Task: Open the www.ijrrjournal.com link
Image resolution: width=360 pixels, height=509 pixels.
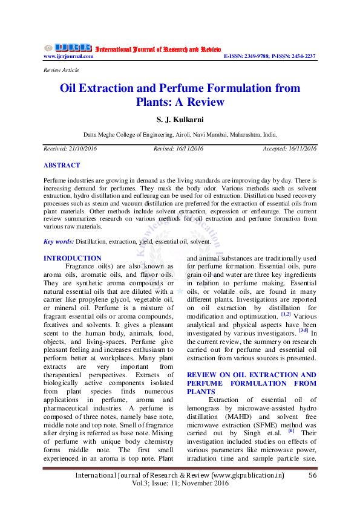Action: coord(68,56)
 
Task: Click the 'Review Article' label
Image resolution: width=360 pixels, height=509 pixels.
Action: coord(61,70)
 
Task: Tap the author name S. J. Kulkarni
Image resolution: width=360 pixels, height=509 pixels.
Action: coord(180,120)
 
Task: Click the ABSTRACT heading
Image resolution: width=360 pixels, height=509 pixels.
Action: coord(62,165)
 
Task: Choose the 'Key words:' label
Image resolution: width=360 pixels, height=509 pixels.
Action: coord(59,242)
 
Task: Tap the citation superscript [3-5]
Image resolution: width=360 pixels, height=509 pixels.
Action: coord(303,331)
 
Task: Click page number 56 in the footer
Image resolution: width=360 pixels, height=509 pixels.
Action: coord(313,476)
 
